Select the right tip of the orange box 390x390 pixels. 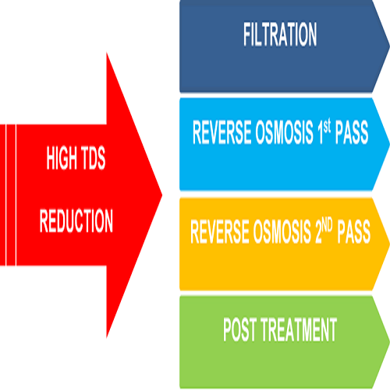coord(387,243)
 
